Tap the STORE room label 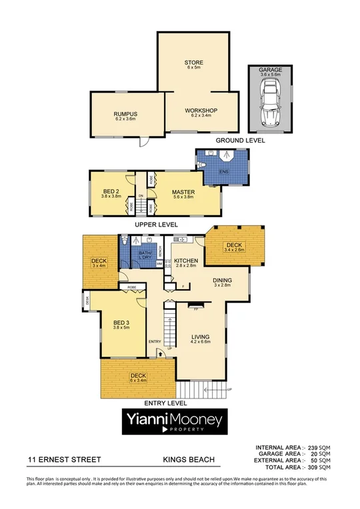pos(193,63)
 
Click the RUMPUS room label pos(125,114)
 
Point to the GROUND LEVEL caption pos(240,141)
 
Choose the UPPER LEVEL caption pos(153,225)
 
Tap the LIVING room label pos(201,337)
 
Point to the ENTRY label pos(155,342)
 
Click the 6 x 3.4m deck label pos(138,376)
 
